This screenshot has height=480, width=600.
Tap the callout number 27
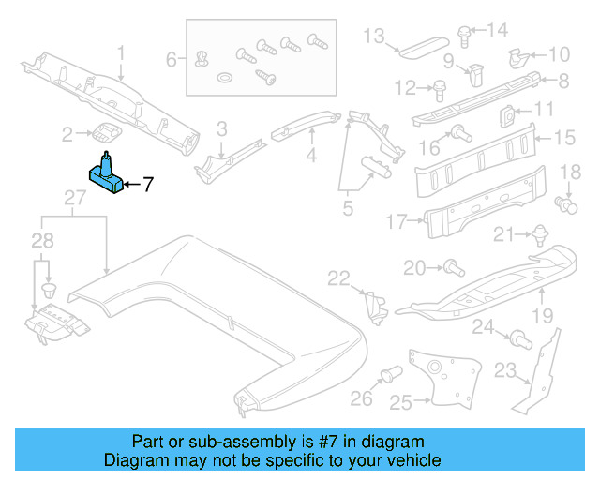[x=74, y=197]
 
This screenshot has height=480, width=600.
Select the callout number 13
[x=374, y=37]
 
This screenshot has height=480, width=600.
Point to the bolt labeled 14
[x=464, y=34]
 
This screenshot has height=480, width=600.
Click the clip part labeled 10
[x=517, y=58]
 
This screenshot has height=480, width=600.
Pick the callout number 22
[x=338, y=277]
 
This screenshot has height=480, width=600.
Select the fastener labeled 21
[x=539, y=234]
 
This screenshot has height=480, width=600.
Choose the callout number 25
[x=400, y=402]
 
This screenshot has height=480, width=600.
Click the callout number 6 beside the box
[x=172, y=60]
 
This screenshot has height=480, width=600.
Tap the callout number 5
[x=347, y=209]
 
